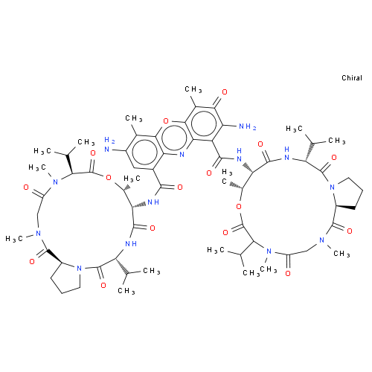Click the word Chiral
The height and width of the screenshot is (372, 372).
(352, 78)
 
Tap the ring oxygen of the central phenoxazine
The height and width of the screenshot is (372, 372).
(166, 121)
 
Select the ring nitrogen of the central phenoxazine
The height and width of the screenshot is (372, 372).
(182, 154)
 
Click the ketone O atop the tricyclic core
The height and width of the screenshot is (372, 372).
(225, 92)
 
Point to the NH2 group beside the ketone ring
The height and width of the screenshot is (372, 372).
(247, 127)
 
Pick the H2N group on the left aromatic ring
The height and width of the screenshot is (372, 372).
(109, 144)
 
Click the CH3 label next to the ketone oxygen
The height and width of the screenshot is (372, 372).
(193, 89)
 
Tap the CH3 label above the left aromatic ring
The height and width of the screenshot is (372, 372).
(134, 118)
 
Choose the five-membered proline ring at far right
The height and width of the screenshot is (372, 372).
(347, 193)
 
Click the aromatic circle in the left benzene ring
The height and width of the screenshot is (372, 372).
(145, 153)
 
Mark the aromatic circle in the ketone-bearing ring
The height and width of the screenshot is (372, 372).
(204, 124)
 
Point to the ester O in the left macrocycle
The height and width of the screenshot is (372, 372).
(109, 178)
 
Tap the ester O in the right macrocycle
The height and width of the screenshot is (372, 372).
(239, 207)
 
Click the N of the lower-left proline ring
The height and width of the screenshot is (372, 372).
(79, 268)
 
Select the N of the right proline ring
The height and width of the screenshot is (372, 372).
(333, 187)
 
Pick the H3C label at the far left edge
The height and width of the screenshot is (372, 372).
(14, 239)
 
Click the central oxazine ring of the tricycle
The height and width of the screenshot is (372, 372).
(174, 138)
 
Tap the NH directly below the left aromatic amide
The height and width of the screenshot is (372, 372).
(153, 202)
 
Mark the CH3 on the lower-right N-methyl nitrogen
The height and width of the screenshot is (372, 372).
(341, 254)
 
